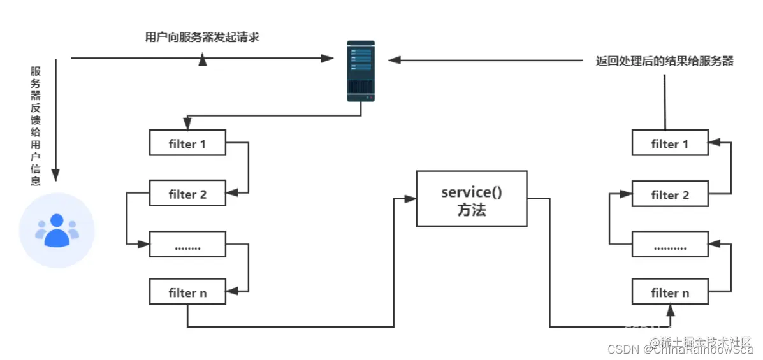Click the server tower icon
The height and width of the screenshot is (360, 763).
click(x=361, y=71)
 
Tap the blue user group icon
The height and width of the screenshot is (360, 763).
click(x=57, y=231)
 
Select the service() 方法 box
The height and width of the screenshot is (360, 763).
click(x=472, y=199)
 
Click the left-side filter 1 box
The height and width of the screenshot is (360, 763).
click(x=187, y=143)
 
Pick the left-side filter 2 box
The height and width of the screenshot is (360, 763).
click(x=187, y=194)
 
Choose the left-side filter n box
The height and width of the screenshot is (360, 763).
click(x=187, y=292)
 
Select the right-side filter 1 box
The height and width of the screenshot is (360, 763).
click(x=669, y=143)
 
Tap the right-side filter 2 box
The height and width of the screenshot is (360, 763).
click(x=669, y=194)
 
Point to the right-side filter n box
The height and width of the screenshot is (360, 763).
click(x=669, y=292)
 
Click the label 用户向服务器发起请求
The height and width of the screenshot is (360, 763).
click(x=202, y=37)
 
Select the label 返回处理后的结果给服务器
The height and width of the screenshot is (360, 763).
click(x=664, y=61)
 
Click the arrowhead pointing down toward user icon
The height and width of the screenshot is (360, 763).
click(x=55, y=175)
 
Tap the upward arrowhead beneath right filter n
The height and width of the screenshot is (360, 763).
click(x=670, y=310)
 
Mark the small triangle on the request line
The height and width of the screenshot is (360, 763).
click(x=203, y=61)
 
